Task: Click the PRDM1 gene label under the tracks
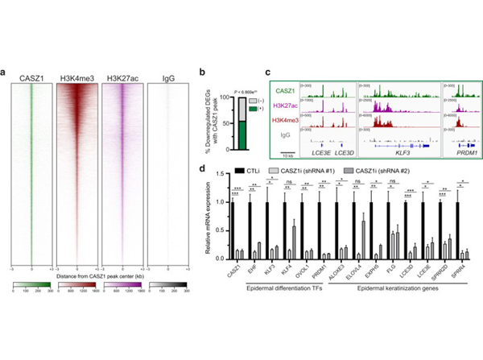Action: point(458,151)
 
